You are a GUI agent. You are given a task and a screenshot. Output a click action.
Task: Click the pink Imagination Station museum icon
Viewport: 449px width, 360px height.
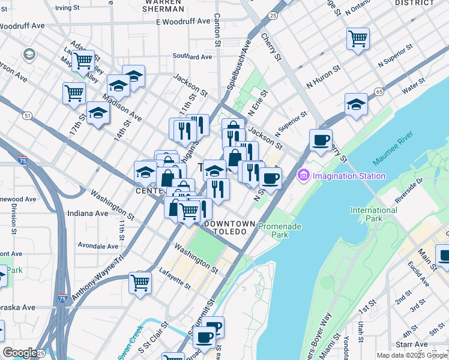303,175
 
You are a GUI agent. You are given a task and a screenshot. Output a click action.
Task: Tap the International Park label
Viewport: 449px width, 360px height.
373,214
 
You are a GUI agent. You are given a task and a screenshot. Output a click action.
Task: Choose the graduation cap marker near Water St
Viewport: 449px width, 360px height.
356,104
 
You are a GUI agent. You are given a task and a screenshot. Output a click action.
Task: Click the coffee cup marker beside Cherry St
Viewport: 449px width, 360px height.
321,141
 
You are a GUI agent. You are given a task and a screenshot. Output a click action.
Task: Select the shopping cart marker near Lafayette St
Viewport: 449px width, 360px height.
140,282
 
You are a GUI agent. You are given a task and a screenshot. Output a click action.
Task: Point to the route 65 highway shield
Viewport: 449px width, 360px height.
378,92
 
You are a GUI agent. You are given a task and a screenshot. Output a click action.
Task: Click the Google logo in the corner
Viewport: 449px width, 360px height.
20,352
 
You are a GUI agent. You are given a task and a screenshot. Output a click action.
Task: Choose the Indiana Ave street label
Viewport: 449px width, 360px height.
88,213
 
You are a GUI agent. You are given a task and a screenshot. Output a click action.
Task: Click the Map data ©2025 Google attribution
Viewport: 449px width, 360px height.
412,355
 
